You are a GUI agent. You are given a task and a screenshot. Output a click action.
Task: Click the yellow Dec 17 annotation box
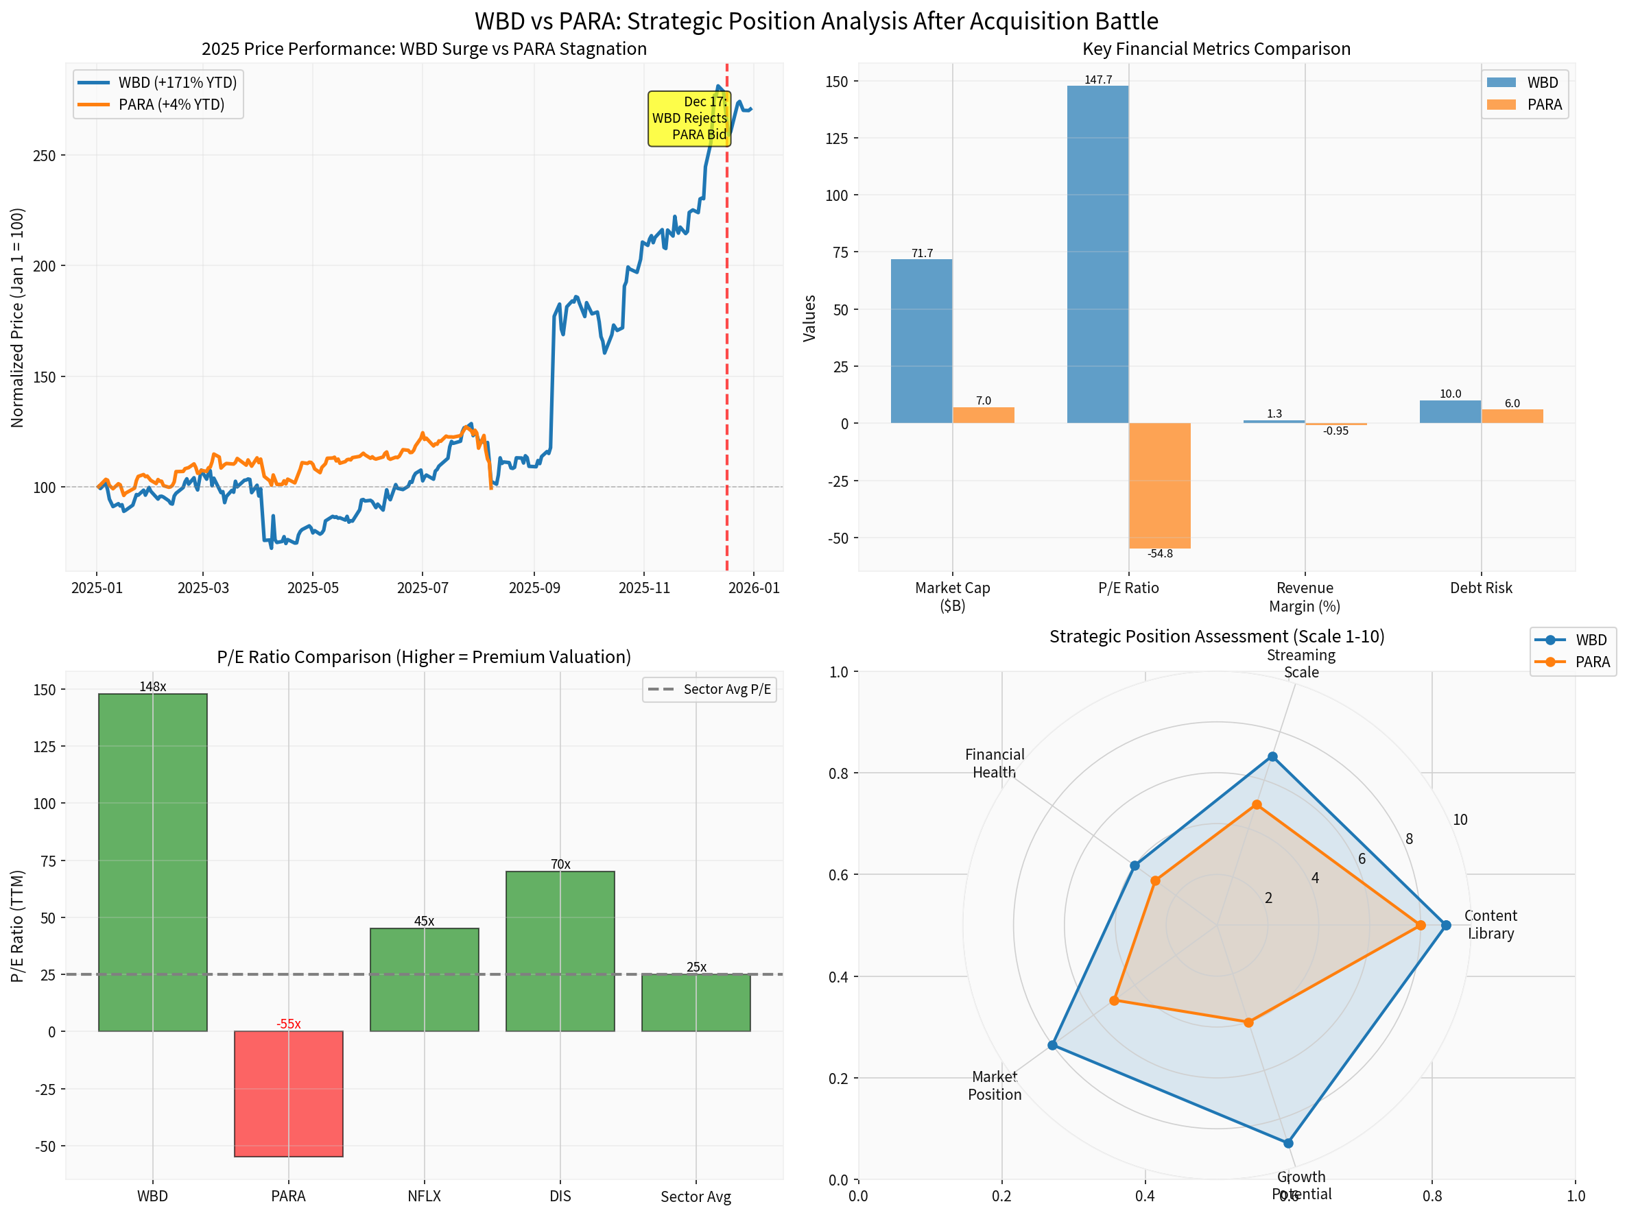point(689,119)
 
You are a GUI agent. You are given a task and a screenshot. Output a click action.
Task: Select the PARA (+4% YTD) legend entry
point(171,104)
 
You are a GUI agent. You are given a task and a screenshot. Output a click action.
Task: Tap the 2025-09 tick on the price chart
point(534,588)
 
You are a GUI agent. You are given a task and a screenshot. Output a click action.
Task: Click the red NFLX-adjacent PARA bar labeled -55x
point(288,1094)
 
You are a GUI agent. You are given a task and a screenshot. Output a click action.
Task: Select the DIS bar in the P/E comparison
point(560,951)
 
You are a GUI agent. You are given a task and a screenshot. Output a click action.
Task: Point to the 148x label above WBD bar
point(153,687)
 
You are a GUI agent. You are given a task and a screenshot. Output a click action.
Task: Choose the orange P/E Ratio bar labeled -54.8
point(1159,485)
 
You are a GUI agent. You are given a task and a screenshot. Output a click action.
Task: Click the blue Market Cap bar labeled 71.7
point(921,341)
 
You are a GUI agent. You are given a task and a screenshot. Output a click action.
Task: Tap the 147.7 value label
point(1098,80)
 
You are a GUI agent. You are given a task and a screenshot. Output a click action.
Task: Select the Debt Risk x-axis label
point(1481,588)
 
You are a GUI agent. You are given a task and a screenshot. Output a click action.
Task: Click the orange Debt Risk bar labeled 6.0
point(1512,416)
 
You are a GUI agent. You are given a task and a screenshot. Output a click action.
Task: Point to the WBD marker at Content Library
point(1446,925)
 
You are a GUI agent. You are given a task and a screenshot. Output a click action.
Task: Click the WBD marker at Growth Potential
point(1288,1143)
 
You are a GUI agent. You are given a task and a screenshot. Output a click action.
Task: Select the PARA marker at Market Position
point(1115,1000)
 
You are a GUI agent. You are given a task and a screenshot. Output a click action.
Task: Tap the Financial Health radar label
point(995,762)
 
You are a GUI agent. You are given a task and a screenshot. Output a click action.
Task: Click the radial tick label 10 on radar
point(1460,820)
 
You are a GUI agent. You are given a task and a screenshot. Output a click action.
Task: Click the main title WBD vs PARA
point(816,21)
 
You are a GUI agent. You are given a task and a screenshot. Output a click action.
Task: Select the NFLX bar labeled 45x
point(425,980)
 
